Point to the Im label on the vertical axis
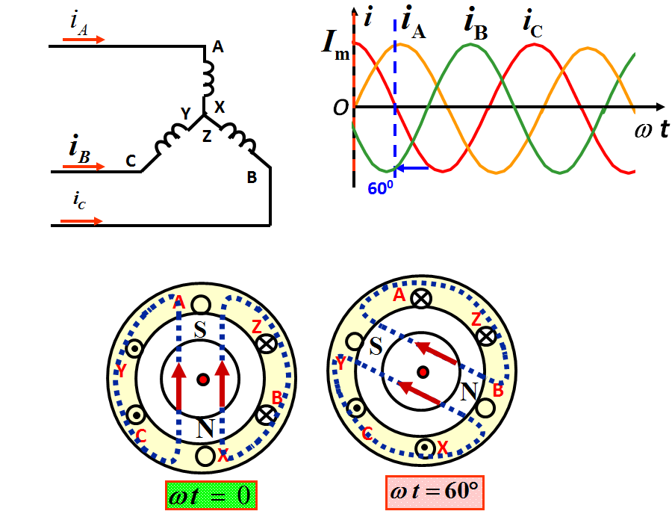335,42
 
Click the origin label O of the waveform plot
340,108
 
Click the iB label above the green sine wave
475,22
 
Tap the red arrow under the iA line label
88,39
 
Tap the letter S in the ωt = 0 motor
200,329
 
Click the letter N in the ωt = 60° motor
469,390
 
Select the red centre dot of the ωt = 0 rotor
202,380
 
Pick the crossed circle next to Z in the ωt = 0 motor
267,344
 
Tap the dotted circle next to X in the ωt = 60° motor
423,447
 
